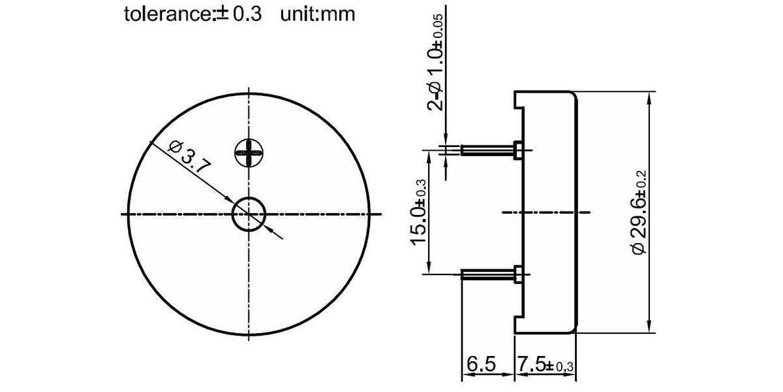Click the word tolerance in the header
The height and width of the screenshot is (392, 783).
click(167, 14)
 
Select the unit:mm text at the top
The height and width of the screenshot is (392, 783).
click(318, 14)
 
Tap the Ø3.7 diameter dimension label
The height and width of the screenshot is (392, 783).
click(189, 157)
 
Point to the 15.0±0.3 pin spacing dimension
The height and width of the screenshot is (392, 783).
click(418, 212)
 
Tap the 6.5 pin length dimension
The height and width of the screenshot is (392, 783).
click(482, 363)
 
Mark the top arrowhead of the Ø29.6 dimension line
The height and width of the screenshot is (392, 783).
click(649, 98)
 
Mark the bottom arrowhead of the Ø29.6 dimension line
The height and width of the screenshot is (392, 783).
click(649, 327)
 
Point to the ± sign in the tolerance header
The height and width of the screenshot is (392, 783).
click(221, 14)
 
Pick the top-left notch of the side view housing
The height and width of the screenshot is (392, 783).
click(519, 99)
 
